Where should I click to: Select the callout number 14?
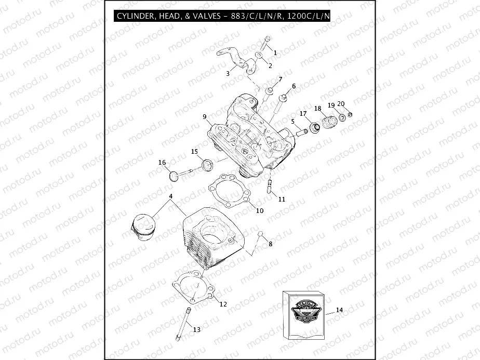click(x=339, y=310)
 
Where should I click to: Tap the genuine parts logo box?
click(x=304, y=314)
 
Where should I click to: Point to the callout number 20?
click(x=341, y=103)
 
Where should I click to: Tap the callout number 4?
click(x=170, y=196)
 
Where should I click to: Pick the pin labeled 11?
click(x=270, y=186)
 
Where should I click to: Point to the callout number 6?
click(x=294, y=86)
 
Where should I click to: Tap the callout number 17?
click(x=303, y=114)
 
